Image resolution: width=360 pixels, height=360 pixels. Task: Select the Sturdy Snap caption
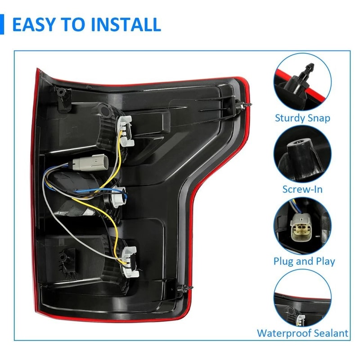point(302,118)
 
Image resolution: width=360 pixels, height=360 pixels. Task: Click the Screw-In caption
point(302,189)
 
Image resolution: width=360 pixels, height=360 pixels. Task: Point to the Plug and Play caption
point(304,261)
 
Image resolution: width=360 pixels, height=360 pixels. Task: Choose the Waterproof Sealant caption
point(302,333)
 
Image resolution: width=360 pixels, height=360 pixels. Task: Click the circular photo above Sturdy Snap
point(302,82)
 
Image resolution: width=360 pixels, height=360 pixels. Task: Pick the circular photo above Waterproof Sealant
point(302,298)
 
